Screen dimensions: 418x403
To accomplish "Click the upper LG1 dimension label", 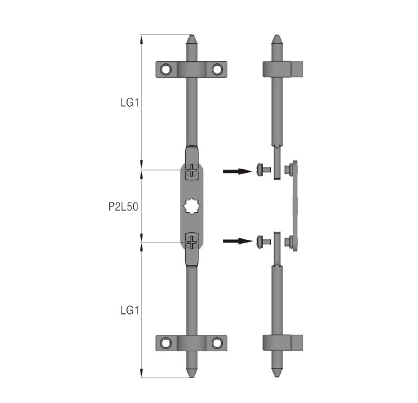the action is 129,102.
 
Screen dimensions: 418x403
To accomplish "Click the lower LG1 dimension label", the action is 129,311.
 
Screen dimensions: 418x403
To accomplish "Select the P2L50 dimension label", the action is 123,207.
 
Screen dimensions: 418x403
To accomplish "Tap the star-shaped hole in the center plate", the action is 192,206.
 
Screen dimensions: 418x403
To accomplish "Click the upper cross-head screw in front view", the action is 192,170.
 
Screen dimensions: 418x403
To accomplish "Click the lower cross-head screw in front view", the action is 192,242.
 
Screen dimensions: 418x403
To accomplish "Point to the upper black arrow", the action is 237,171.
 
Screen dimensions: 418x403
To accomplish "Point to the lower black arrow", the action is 237,241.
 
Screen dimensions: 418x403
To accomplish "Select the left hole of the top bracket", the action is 166,70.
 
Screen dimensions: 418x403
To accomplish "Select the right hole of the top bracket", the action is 217,70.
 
